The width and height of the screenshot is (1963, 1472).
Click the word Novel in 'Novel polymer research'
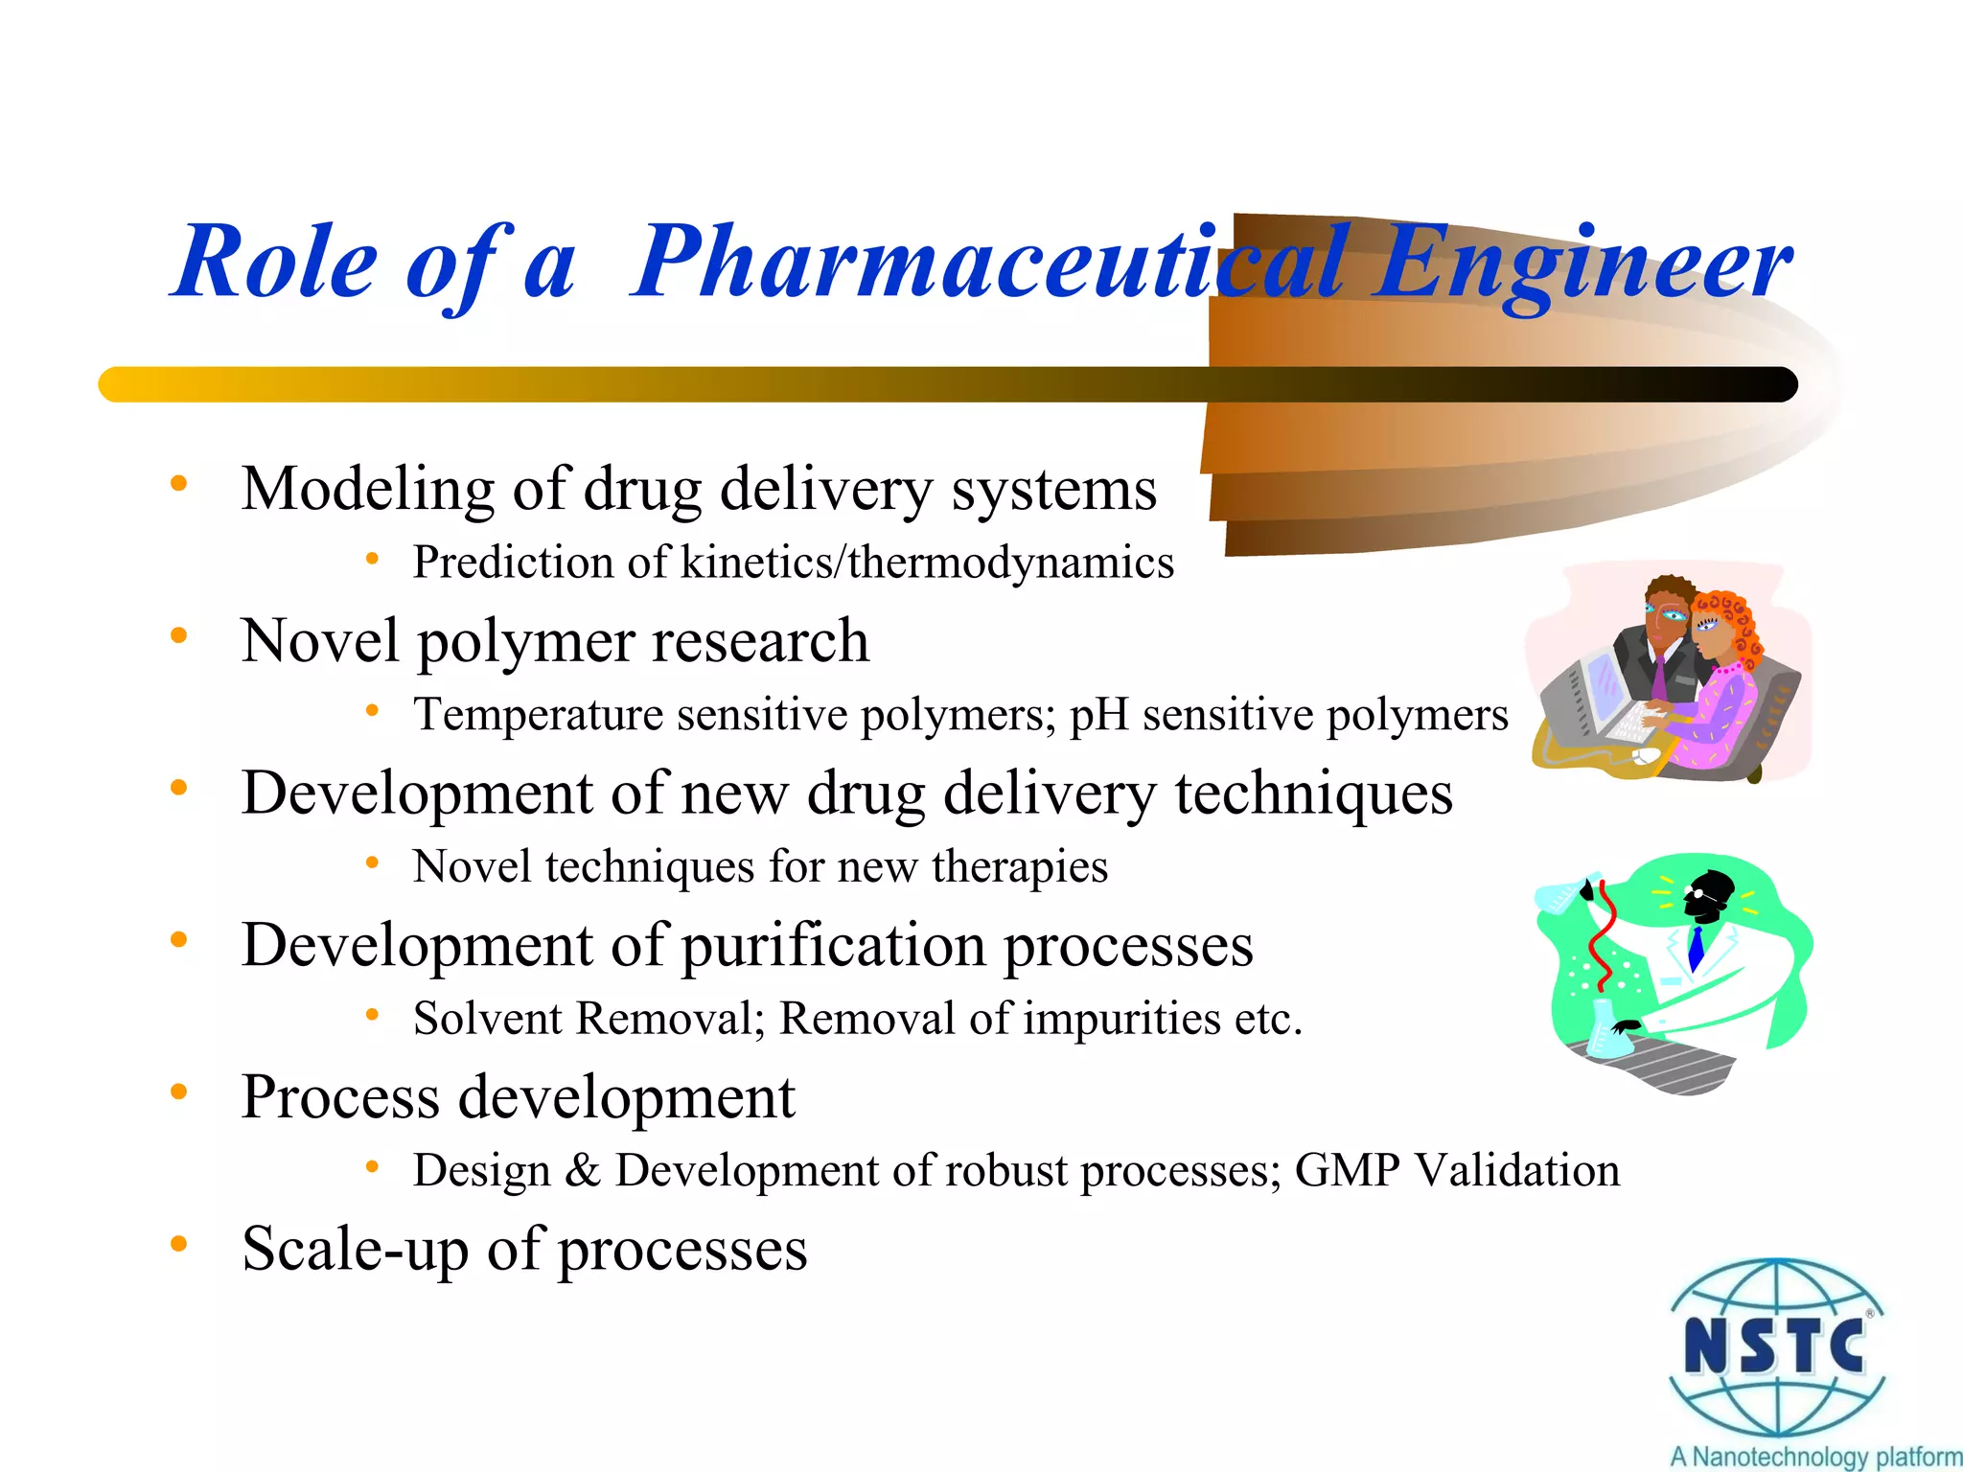[x=320, y=641]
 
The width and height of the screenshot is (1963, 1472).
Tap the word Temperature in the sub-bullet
[x=537, y=716]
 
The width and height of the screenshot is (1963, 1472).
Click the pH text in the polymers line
[x=1098, y=716]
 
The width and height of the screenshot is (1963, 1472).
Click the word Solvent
[x=487, y=1019]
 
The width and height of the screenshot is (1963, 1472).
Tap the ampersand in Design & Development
[x=583, y=1171]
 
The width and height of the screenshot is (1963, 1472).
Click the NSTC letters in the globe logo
[x=1774, y=1346]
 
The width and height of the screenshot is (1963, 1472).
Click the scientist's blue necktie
[x=1696, y=949]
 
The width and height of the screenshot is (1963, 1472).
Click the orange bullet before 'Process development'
[x=178, y=1092]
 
